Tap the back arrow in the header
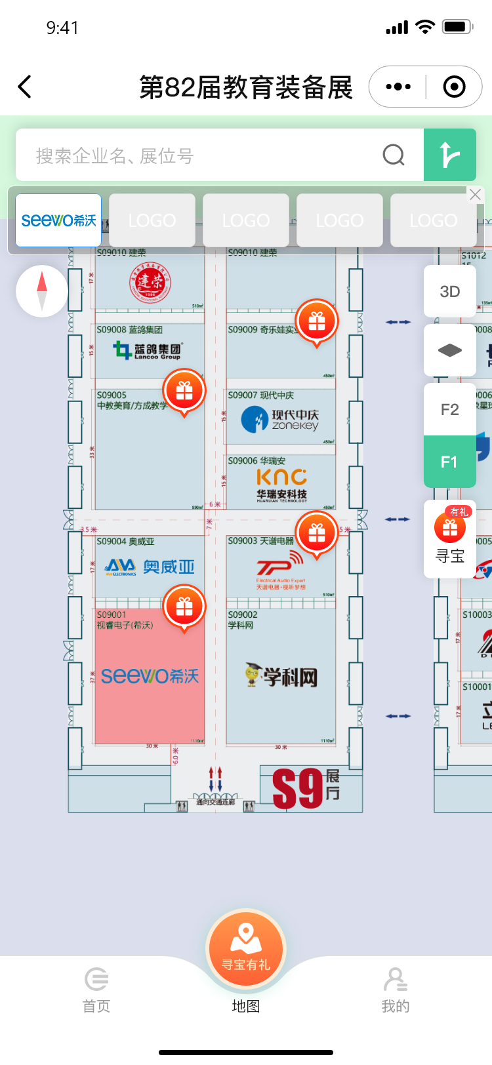(x=25, y=87)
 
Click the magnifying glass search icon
(x=394, y=155)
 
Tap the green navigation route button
(x=450, y=155)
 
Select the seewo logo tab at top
(x=58, y=220)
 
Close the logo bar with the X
(x=475, y=195)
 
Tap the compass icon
(x=42, y=291)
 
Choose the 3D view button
(x=450, y=292)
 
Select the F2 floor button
(x=450, y=410)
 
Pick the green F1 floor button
(x=450, y=462)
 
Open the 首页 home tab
(x=96, y=990)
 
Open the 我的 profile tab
(x=395, y=990)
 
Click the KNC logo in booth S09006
(x=281, y=484)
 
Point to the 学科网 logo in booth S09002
(x=281, y=675)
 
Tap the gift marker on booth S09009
(x=317, y=321)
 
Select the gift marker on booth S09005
(x=184, y=391)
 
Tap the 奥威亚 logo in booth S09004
(x=150, y=567)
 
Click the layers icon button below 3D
(x=450, y=350)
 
